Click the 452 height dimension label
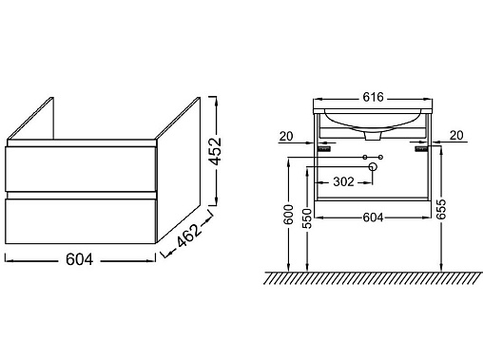pyautogui.click(x=216, y=151)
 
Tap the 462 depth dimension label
pyautogui.click(x=189, y=235)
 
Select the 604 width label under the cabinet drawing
pyautogui.click(x=80, y=259)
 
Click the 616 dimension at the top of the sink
pyautogui.click(x=374, y=97)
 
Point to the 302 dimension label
pyautogui.click(x=343, y=181)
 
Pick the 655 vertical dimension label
pyautogui.click(x=440, y=209)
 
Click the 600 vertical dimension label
pyautogui.click(x=288, y=215)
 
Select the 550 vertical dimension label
pyautogui.click(x=307, y=218)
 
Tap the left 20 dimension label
pyautogui.click(x=286, y=137)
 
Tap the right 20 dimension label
pyautogui.click(x=456, y=136)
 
